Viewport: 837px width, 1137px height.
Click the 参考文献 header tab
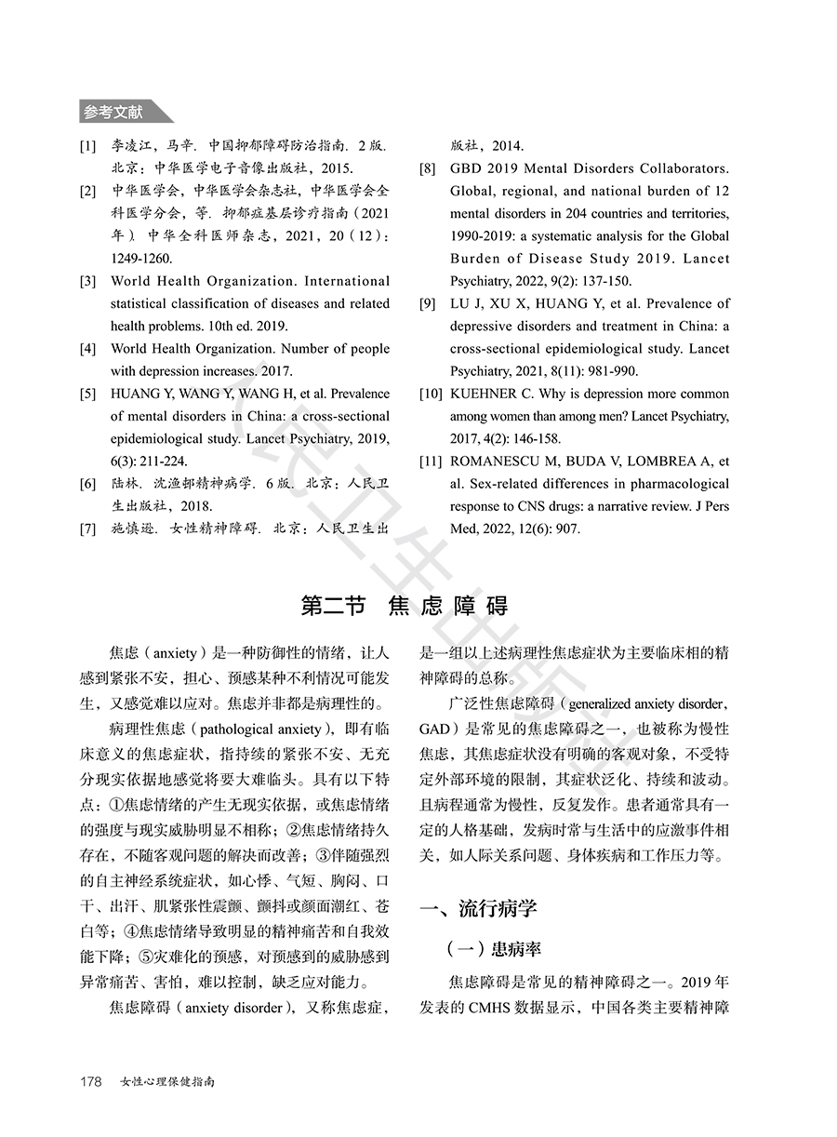[113, 113]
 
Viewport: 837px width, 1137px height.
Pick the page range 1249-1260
[141, 258]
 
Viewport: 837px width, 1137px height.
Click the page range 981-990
[613, 371]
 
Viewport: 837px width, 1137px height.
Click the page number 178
[90, 1082]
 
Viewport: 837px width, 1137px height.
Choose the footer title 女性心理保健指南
[168, 1082]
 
